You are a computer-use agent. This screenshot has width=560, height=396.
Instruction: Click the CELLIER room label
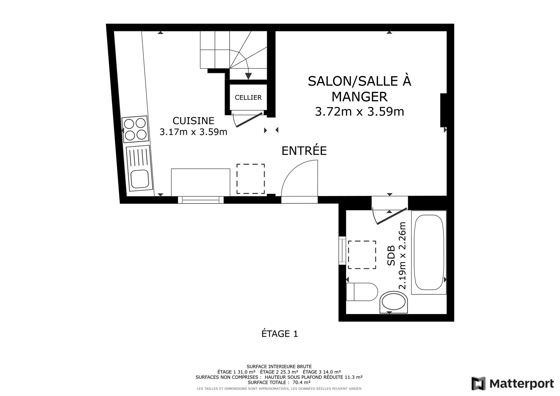pos(248,97)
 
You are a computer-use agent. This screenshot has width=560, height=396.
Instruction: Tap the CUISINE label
pos(193,121)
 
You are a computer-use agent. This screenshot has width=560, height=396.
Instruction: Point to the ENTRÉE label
pos(304,151)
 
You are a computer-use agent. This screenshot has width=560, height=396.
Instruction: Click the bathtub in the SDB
pos(429,252)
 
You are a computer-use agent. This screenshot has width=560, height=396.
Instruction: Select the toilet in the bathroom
pos(362,292)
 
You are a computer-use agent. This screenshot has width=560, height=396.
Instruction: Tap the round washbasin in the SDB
pos(394,302)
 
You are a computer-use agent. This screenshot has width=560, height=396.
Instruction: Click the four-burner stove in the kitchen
pos(135,129)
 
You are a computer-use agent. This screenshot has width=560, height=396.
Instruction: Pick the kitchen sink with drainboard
pos(139,168)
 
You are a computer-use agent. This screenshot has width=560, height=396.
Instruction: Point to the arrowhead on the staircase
pos(248,76)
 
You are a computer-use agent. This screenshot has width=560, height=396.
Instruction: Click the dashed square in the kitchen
pos(251,179)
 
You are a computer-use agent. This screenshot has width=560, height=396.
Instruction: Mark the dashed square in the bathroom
pos(362,255)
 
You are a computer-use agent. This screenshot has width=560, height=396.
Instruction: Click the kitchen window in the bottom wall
pos(201,200)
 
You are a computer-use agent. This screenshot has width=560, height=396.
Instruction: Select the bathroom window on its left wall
pos(342,250)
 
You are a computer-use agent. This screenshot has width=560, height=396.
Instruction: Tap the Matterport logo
pos(512,383)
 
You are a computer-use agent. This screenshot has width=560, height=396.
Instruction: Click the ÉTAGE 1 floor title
pos(280,334)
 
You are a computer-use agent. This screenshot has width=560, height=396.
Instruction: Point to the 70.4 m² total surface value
pos(301,382)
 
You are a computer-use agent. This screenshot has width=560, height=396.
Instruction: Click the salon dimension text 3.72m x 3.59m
pos(360,112)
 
